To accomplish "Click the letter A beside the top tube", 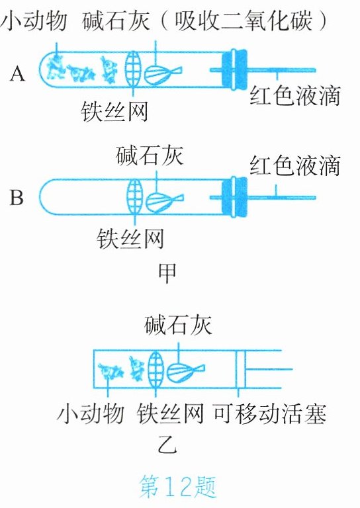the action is point(17,73).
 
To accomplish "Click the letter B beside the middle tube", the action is point(17,197).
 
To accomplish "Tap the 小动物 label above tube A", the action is point(34,21).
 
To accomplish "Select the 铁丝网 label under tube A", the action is point(114,111).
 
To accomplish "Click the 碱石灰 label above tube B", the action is point(150,155).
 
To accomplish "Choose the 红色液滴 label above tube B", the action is point(295,165).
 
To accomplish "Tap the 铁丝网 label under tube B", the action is point(130,238).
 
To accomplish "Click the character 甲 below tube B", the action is point(167,273).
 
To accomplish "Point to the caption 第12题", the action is point(178,486).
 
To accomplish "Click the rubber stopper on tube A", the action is point(234,69).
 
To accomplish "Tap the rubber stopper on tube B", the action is point(234,197).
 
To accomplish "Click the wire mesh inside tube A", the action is point(133,69).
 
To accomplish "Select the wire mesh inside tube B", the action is point(134,196).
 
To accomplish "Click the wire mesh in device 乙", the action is point(156,370).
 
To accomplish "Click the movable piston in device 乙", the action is point(240,369).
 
